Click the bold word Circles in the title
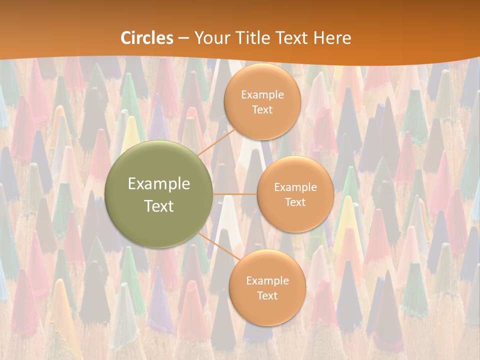coord(147,38)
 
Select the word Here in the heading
coord(332,38)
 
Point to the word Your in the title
coord(208,38)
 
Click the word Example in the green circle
coord(159,184)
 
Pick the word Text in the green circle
coord(159,206)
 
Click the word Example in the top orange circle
coord(262,94)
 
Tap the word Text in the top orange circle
coord(262,109)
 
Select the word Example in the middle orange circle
coord(295,187)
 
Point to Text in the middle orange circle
coord(295,202)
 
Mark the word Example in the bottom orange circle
coord(267,280)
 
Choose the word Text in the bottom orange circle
coord(267,295)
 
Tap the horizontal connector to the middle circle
coord(235,194)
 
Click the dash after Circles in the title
coord(183,38)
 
